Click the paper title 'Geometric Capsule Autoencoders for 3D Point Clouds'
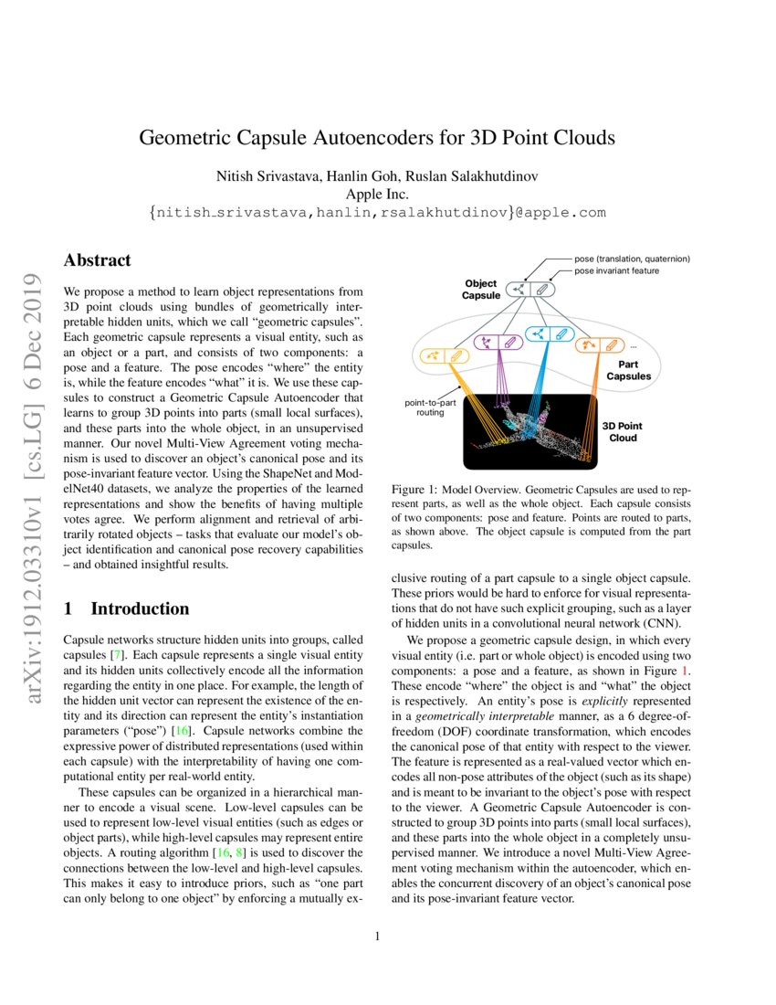pos(377,138)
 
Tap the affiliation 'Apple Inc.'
pos(377,194)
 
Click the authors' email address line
pos(377,213)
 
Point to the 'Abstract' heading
pos(97,260)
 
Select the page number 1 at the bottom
pos(377,936)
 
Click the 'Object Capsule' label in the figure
pos(481,290)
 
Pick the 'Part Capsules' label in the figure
pos(628,369)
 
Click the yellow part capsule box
pos(445,356)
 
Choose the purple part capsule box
pos(498,344)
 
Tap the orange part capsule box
pos(600,345)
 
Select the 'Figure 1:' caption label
pos(412,491)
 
